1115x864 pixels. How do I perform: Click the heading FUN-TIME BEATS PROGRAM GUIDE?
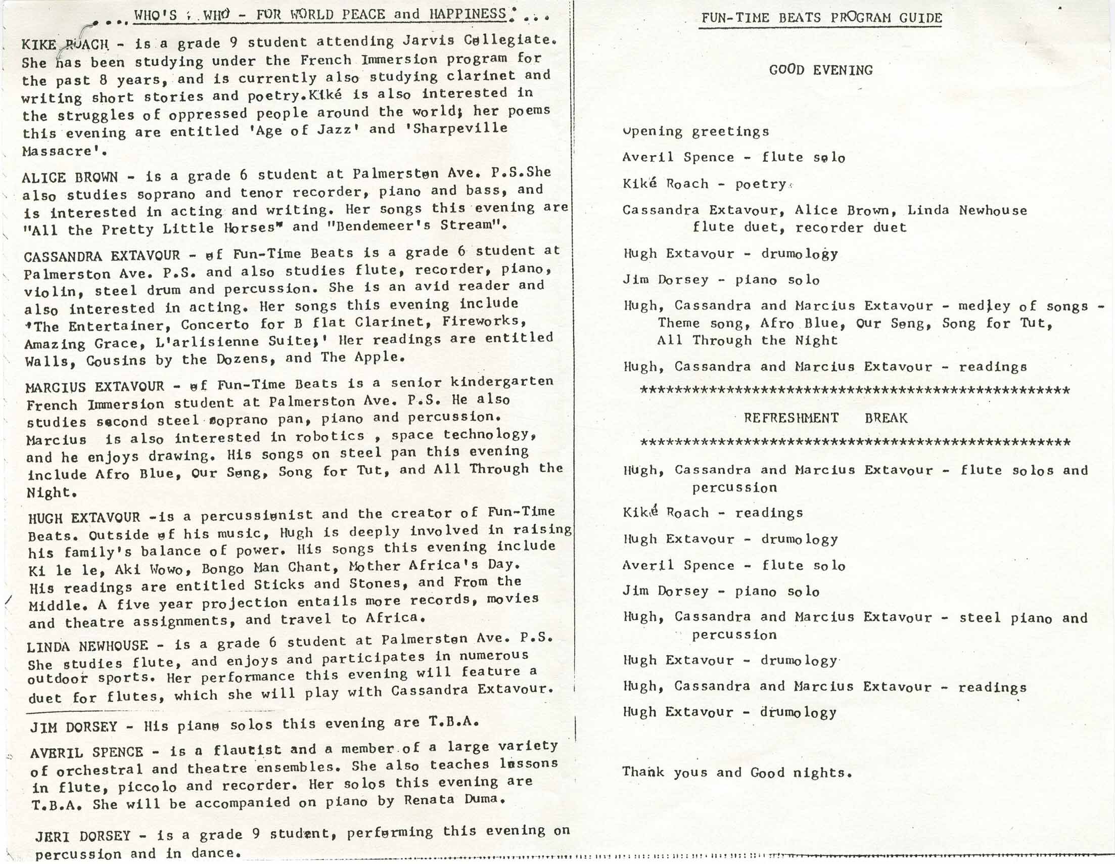pyautogui.click(x=821, y=18)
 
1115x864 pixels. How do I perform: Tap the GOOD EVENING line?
pyautogui.click(x=821, y=70)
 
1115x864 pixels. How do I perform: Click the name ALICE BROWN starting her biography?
pyautogui.click(x=69, y=177)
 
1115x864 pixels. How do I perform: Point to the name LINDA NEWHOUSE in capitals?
pyautogui.click(x=87, y=647)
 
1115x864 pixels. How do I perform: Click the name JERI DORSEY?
pyautogui.click(x=83, y=836)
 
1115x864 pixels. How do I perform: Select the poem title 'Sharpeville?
pyautogui.click(x=459, y=129)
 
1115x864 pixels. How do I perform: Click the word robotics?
pyautogui.click(x=330, y=436)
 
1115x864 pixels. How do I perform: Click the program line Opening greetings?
pyautogui.click(x=695, y=132)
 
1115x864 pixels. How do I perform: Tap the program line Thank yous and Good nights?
pyautogui.click(x=737, y=772)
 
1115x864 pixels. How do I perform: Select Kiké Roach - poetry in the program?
pyautogui.click(x=707, y=184)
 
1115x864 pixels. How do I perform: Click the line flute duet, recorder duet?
pyautogui.click(x=799, y=227)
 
